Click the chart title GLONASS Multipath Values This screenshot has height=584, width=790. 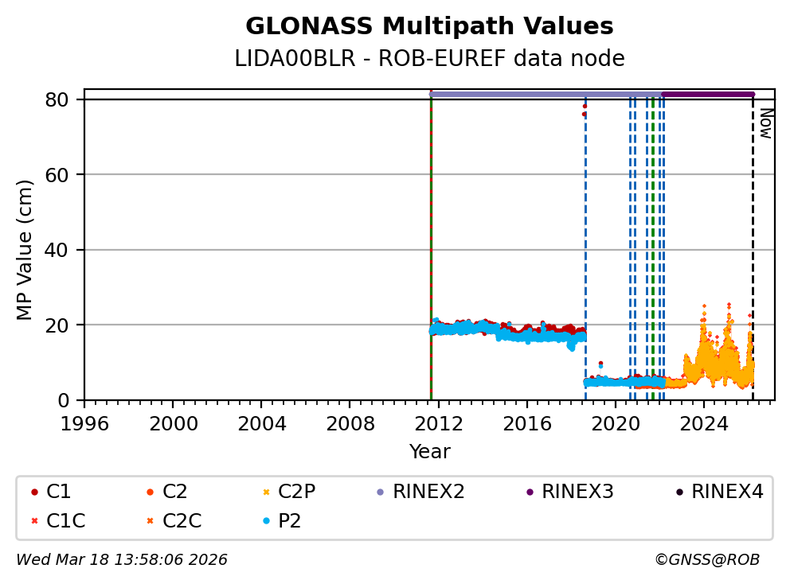429,26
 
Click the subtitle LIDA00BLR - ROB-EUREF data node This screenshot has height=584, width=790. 429,59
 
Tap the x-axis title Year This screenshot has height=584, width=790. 429,452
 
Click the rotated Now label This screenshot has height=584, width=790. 765,123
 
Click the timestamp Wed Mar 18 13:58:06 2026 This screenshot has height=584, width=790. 122,560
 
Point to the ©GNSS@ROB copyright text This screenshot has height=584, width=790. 706,560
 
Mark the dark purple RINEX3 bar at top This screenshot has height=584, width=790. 707,94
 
